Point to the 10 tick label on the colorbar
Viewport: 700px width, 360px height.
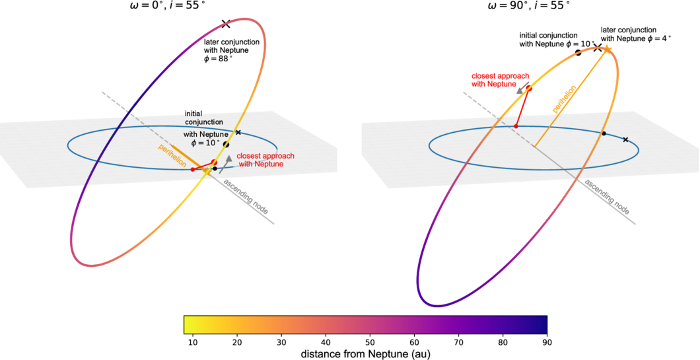193,342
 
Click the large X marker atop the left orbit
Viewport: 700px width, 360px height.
226,24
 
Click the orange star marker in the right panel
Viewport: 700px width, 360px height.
607,48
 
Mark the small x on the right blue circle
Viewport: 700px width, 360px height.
625,139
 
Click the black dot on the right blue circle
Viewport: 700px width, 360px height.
604,134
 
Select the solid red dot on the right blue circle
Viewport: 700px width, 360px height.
516,126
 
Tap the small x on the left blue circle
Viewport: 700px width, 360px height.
238,133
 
